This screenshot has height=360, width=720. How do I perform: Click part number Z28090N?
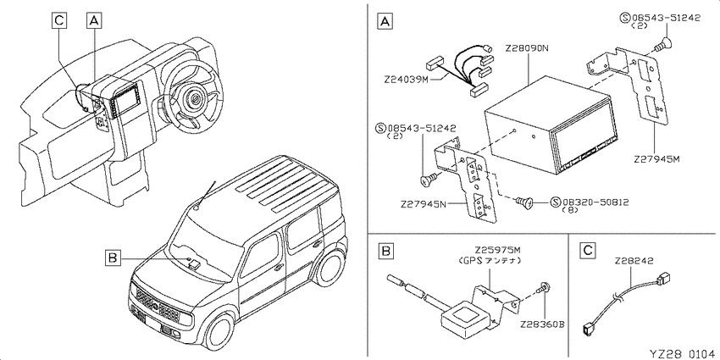pyautogui.click(x=527, y=47)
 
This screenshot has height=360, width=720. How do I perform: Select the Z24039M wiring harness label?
pyautogui.click(x=407, y=80)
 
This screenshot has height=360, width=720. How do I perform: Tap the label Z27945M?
pyautogui.click(x=656, y=159)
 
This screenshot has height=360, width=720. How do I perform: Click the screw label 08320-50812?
pyautogui.click(x=595, y=202)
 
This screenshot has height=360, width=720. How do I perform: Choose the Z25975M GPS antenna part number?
pyautogui.click(x=498, y=250)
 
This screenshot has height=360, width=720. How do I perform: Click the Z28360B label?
pyautogui.click(x=542, y=324)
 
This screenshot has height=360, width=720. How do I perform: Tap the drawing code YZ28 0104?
pyautogui.click(x=684, y=353)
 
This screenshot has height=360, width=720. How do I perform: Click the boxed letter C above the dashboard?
pyautogui.click(x=58, y=20)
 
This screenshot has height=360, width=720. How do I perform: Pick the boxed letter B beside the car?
pyautogui.click(x=113, y=258)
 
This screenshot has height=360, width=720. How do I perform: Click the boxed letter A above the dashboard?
pyautogui.click(x=93, y=20)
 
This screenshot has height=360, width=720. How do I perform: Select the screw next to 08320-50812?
pyautogui.click(x=523, y=201)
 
